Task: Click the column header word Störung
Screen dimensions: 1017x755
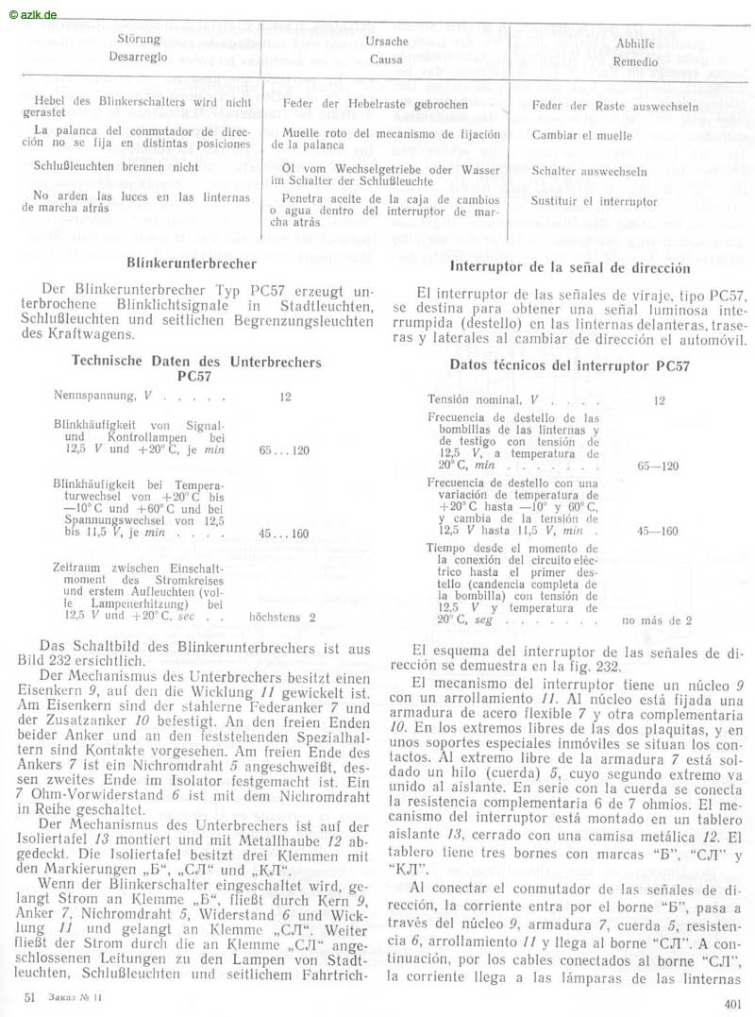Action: click(139, 40)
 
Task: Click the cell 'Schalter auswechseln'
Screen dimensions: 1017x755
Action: click(589, 172)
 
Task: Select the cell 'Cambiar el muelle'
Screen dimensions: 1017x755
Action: click(582, 135)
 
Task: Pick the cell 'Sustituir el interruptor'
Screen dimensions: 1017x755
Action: click(595, 202)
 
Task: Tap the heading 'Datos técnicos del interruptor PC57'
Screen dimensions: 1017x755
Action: click(569, 365)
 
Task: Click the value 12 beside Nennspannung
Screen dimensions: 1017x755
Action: click(285, 397)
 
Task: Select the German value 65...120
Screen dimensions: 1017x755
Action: click(284, 450)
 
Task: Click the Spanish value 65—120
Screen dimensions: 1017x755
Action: click(658, 466)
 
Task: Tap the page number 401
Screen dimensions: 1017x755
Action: click(732, 1004)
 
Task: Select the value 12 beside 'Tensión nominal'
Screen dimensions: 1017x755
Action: click(659, 400)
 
